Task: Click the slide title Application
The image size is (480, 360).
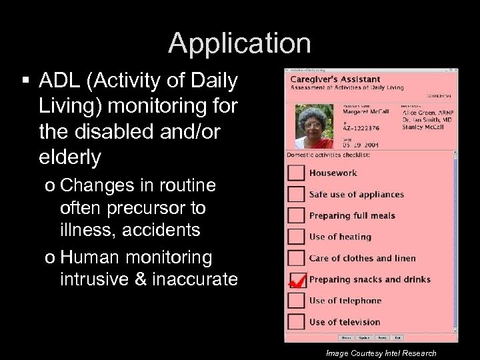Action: click(x=239, y=43)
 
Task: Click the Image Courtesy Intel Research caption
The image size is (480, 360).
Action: click(x=381, y=353)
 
